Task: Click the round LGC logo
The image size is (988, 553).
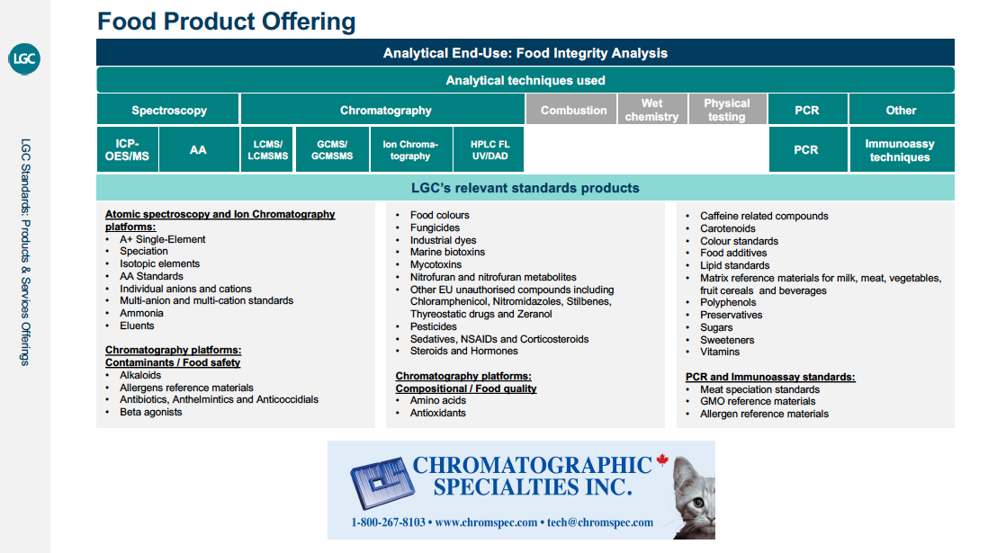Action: point(24,58)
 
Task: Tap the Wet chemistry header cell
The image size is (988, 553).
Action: point(651,110)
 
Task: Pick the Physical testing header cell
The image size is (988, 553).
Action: point(726,110)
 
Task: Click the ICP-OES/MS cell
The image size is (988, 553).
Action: point(127,149)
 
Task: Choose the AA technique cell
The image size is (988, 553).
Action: point(199,149)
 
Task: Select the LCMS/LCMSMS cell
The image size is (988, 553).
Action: point(267,149)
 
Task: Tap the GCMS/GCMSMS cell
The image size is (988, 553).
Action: point(332,149)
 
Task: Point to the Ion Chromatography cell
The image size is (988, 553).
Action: point(411,149)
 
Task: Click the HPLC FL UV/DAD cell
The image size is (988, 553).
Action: point(489,149)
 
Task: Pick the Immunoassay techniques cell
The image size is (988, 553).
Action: point(901,149)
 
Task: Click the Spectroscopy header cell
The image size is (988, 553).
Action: point(168,110)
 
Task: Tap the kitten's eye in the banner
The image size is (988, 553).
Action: point(699,503)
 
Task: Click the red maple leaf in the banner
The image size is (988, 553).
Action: point(661,459)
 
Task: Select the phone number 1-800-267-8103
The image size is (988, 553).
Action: point(388,522)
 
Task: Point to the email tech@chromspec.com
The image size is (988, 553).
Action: point(600,522)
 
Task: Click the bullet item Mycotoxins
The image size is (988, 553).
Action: point(436,264)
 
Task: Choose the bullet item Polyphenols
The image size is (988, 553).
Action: point(728,302)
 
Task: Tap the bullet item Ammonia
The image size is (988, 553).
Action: point(141,313)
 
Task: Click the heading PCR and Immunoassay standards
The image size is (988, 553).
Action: point(770,377)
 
